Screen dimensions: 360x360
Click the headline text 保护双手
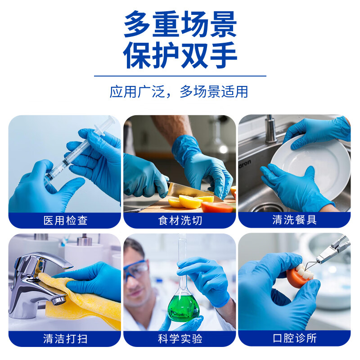click(x=180, y=55)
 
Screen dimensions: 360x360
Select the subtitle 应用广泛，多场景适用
click(x=179, y=91)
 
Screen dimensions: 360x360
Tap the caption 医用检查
click(x=65, y=220)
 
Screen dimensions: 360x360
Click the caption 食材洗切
click(x=180, y=220)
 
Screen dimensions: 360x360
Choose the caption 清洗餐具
click(x=295, y=220)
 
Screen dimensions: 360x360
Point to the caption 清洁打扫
click(x=65, y=338)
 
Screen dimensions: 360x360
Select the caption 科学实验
click(x=180, y=338)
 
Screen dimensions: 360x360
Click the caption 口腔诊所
click(x=295, y=338)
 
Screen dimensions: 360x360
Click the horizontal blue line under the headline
click(x=180, y=76)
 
